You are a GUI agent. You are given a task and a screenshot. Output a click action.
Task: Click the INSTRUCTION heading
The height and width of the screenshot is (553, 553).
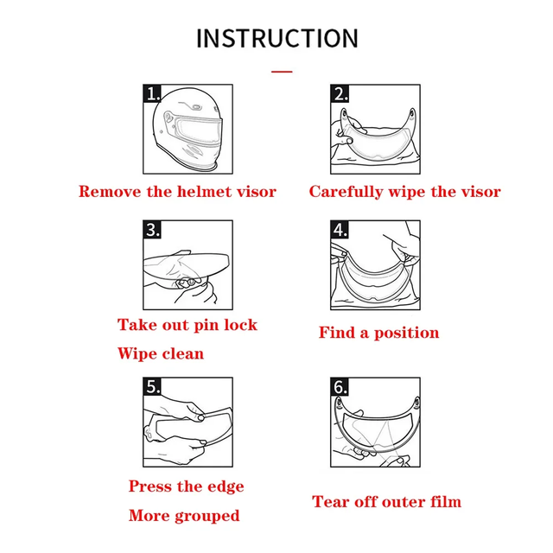coord(276,39)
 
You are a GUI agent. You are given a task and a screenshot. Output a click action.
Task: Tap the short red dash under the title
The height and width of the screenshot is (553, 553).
coord(282,72)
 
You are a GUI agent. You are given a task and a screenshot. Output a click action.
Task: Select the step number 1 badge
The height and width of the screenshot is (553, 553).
coord(153,94)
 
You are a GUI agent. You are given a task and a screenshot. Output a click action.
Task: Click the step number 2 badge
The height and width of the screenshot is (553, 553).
coord(340,94)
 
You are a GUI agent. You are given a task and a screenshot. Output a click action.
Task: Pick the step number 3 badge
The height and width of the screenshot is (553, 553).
coord(153,230)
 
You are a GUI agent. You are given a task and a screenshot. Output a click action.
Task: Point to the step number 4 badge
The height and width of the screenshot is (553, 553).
coord(340,230)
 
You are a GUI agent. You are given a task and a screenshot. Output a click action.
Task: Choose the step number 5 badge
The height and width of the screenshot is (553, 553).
coord(153,387)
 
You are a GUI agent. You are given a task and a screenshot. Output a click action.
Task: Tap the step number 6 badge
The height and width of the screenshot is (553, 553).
coord(340,387)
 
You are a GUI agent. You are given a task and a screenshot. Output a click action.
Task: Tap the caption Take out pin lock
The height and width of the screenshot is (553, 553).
coord(188,325)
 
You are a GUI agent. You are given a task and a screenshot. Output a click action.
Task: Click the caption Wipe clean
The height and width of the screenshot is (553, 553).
coord(161,353)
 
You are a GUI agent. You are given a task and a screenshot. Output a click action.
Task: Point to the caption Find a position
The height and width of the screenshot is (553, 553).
coord(378,333)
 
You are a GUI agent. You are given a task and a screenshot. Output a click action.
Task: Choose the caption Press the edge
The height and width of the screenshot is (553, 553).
coord(186,486)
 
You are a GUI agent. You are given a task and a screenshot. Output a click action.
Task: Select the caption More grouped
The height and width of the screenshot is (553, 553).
coord(184,516)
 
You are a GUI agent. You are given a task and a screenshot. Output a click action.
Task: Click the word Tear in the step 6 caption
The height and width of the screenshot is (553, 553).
coord(330,501)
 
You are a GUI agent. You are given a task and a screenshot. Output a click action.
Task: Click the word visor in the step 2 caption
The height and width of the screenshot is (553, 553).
coord(477,191)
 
